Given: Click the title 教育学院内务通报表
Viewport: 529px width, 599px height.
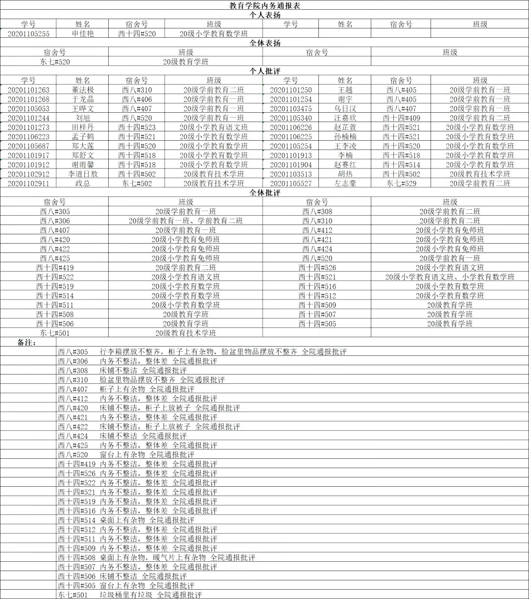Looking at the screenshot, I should (264, 5).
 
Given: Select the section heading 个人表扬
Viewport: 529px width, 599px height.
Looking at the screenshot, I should (264, 15).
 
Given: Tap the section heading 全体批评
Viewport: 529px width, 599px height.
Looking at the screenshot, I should (264, 193).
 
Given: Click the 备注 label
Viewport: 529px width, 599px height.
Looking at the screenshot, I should (26, 342).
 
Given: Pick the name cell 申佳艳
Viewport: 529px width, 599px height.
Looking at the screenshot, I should (83, 33).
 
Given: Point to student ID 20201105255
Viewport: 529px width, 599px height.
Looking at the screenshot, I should (29, 33).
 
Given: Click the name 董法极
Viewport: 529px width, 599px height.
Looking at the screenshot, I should (83, 90).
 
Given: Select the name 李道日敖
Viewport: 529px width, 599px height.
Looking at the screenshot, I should (83, 174).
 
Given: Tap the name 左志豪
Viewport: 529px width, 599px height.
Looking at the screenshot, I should (345, 183).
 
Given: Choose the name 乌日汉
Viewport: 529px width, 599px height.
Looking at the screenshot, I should (345, 108).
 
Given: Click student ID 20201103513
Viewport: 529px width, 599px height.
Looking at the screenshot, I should (290, 174).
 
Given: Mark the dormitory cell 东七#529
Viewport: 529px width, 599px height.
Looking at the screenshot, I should (401, 183).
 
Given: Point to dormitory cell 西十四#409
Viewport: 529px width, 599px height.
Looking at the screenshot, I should (401, 118).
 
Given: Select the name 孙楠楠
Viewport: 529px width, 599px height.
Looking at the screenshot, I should (345, 137).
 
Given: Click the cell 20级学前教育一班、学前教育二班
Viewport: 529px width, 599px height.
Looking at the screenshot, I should (186, 221).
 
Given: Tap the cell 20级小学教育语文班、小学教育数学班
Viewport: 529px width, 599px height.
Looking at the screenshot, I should (450, 277).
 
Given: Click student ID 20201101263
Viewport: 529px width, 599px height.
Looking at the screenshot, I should (29, 90).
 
